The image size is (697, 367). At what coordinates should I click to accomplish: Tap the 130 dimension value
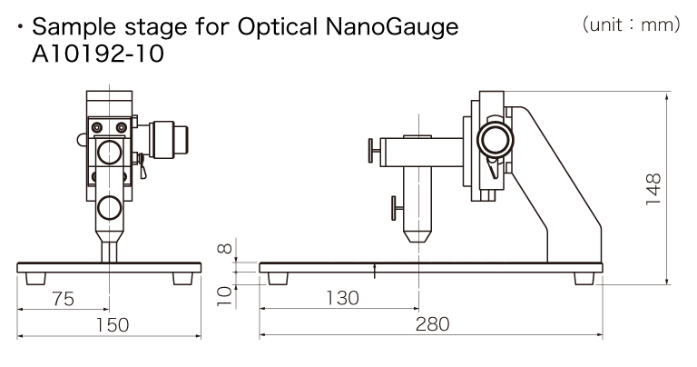click(340, 298)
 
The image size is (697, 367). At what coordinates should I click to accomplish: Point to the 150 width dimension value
click(109, 324)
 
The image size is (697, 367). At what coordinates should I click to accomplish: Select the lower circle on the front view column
click(110, 208)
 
